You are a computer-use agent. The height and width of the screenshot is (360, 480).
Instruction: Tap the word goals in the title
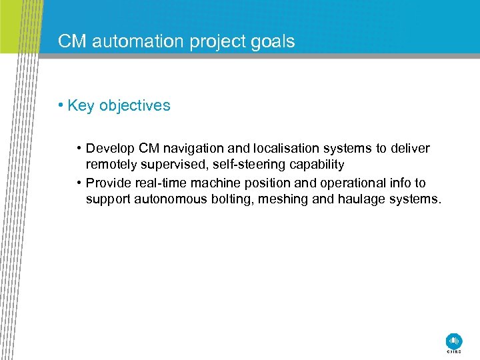(x=271, y=42)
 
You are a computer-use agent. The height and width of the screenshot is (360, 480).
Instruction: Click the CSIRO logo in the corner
(x=454, y=341)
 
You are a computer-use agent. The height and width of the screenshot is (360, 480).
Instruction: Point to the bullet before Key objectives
(x=60, y=105)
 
